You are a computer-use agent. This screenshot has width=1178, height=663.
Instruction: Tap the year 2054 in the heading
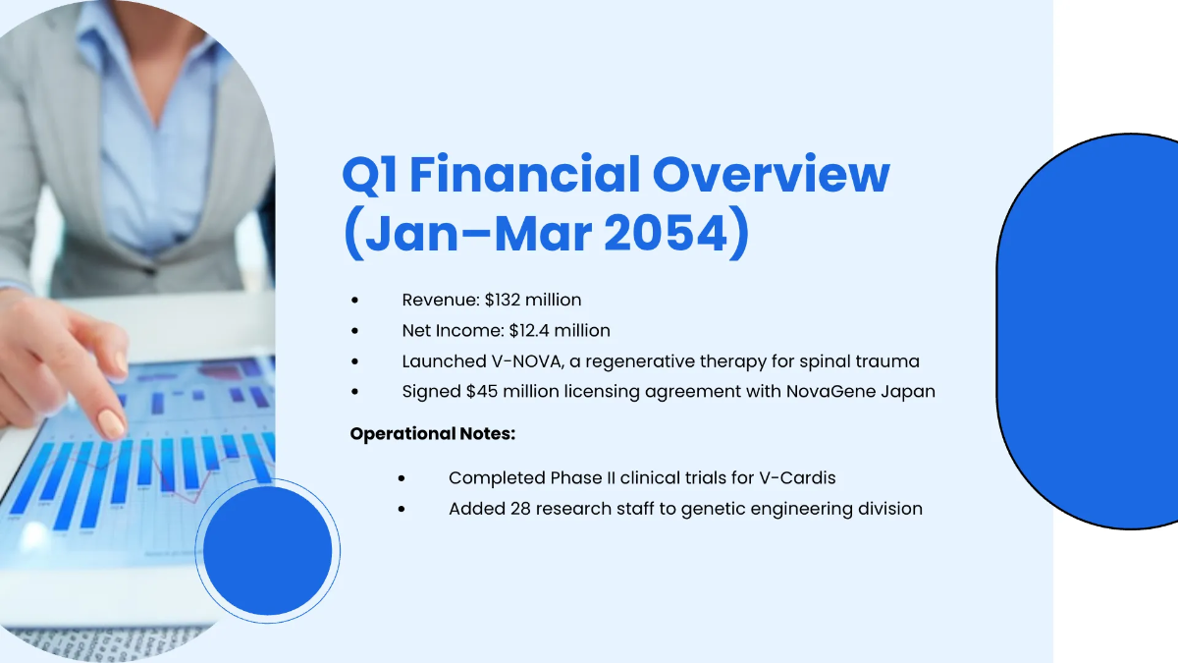coord(677,236)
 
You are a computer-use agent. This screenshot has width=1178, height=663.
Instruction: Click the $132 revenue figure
coord(505,300)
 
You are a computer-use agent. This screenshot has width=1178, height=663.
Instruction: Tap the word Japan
coord(908,391)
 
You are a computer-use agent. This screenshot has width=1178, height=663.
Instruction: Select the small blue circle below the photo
coord(267,551)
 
